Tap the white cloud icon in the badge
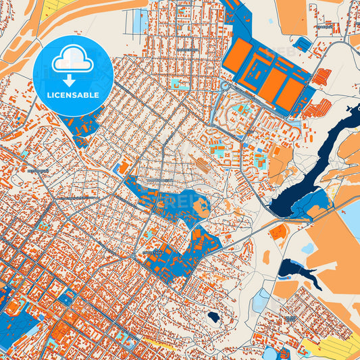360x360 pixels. click(x=72, y=61)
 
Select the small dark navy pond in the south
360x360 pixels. click(x=213, y=316)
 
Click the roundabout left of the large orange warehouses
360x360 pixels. click(x=225, y=86)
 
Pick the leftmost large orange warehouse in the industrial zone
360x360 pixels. click(x=238, y=55)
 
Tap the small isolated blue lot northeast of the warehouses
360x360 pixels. click(x=303, y=45)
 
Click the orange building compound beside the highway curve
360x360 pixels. click(x=278, y=232)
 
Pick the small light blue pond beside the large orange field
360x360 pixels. click(x=307, y=249)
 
